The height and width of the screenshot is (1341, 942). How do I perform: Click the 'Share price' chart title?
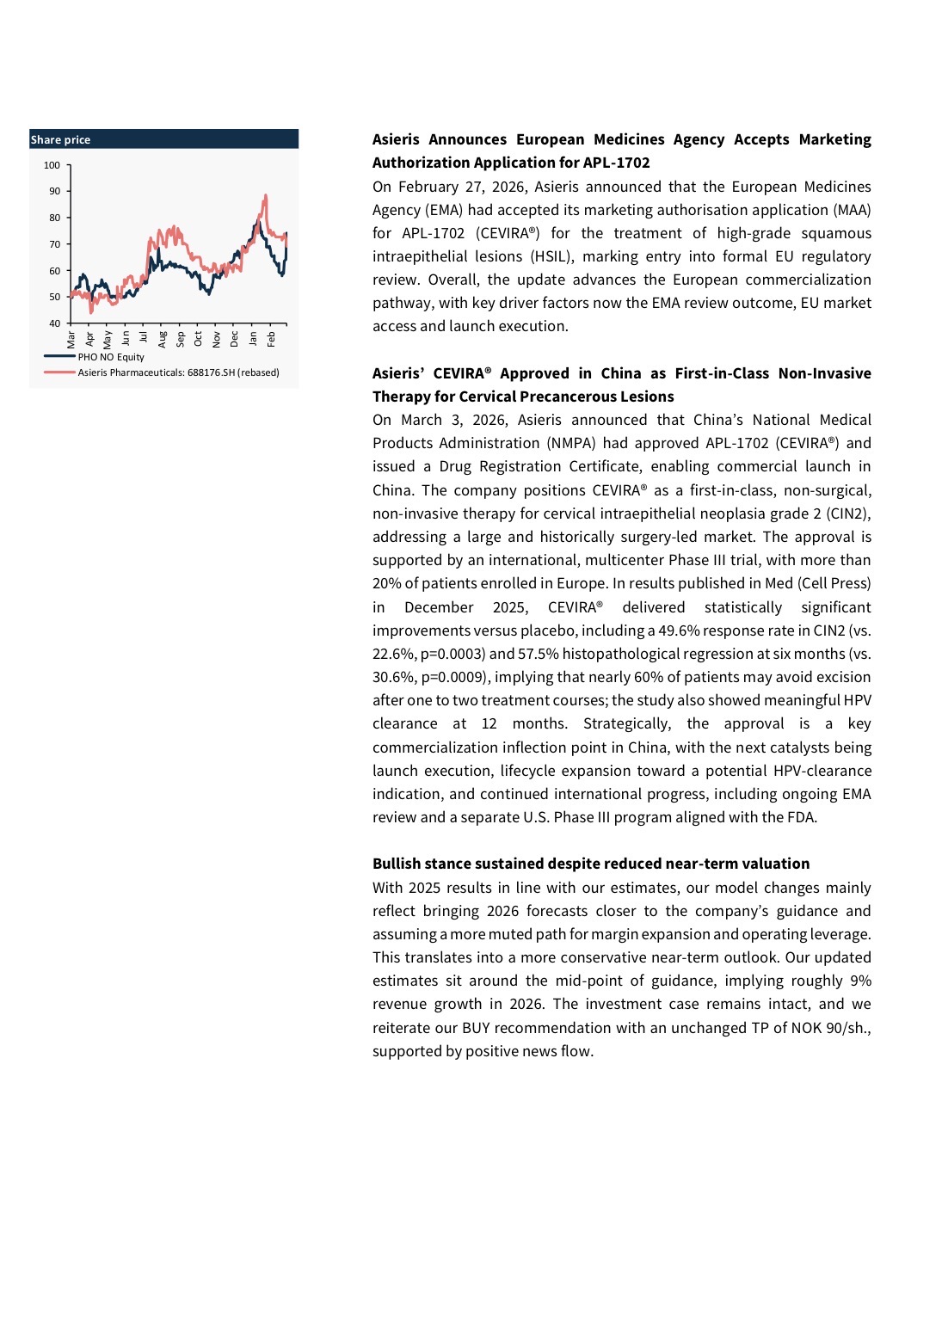60,139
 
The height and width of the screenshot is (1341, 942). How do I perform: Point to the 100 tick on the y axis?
52,165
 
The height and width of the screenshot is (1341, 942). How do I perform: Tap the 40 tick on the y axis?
55,323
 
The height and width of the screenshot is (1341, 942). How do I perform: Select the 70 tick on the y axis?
55,244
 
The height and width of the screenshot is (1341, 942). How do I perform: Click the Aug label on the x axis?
162,339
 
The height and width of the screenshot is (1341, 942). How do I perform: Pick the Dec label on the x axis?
234,339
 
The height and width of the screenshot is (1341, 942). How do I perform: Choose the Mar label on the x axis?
71,340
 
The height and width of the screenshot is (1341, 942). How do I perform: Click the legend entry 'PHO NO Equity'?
111,357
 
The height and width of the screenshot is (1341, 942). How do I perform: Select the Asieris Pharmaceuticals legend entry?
178,372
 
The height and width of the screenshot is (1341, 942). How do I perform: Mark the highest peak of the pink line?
266,196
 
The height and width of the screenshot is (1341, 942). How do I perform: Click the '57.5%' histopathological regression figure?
538,654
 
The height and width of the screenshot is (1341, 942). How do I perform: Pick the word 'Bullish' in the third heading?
397,864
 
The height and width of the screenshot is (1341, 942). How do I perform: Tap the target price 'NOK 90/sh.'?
829,1028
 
